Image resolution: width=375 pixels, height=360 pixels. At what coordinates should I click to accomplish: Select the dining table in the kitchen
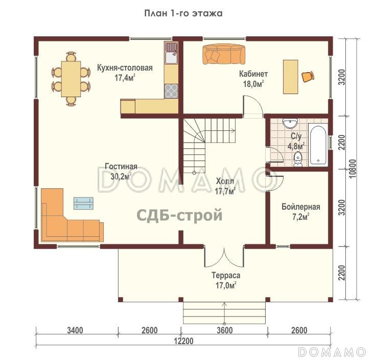pyautogui.click(x=71, y=79)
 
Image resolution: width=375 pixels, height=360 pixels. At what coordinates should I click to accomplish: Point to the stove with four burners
pyautogui.click(x=171, y=91)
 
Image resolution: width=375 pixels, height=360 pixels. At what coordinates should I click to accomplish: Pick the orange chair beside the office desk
pyautogui.click(x=308, y=77)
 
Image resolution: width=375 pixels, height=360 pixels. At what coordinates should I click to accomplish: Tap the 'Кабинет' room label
pyautogui.click(x=253, y=74)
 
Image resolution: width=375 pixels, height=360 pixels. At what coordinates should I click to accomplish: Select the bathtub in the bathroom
pyautogui.click(x=317, y=145)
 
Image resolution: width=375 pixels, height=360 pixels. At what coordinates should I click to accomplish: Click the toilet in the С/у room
pyautogui.click(x=299, y=160)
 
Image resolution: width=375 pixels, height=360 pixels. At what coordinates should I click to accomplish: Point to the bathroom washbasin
pyautogui.click(x=290, y=123)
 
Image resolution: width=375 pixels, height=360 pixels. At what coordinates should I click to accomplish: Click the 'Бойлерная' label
pyautogui.click(x=301, y=207)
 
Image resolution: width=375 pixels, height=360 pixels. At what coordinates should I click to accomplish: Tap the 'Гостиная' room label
pyautogui.click(x=121, y=167)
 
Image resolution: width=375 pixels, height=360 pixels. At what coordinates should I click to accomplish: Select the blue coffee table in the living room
pyautogui.click(x=84, y=203)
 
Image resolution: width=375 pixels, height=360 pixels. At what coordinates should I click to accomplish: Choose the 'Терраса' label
pyautogui.click(x=226, y=275)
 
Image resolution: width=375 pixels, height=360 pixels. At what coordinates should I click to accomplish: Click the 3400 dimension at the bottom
pyautogui.click(x=75, y=330)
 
